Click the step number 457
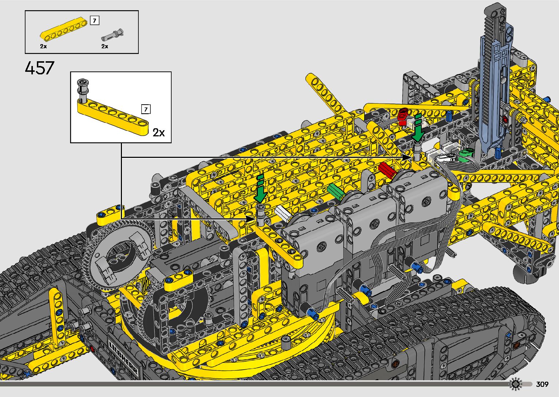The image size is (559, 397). coord(39,68)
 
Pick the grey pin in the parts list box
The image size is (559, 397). coord(112,35)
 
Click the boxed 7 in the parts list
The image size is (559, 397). coord(95,20)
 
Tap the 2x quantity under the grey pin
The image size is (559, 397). coord(104,46)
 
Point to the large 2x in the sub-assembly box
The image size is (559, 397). coord(158,132)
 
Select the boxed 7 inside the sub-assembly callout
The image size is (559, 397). coord(146,109)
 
